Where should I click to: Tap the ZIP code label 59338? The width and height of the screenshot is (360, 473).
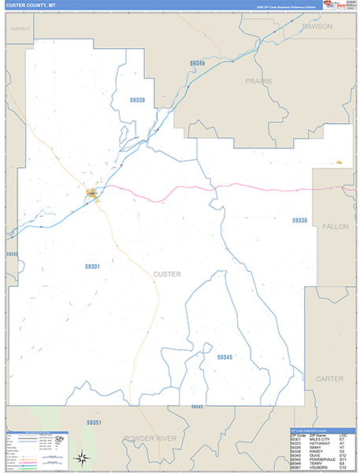(x=137, y=100)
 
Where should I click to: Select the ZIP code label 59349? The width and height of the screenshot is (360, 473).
(x=197, y=63)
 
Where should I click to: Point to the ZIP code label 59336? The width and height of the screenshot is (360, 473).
(x=299, y=220)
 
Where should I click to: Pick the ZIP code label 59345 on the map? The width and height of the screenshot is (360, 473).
(x=225, y=357)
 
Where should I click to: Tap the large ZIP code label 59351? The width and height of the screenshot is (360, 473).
(x=94, y=423)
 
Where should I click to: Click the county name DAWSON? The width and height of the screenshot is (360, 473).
(x=317, y=26)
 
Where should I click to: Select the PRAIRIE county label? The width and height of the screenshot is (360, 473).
(x=258, y=81)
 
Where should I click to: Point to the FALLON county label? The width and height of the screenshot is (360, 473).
(x=335, y=226)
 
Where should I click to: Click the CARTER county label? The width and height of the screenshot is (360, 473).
(x=330, y=379)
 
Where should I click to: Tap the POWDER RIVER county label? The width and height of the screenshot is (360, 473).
(x=149, y=438)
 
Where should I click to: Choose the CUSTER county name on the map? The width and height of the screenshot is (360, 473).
(x=166, y=274)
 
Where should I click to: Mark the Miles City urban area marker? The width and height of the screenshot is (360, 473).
(x=92, y=192)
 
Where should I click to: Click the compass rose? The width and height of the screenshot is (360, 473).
(x=82, y=456)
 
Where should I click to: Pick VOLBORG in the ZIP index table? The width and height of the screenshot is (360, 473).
(x=317, y=468)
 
